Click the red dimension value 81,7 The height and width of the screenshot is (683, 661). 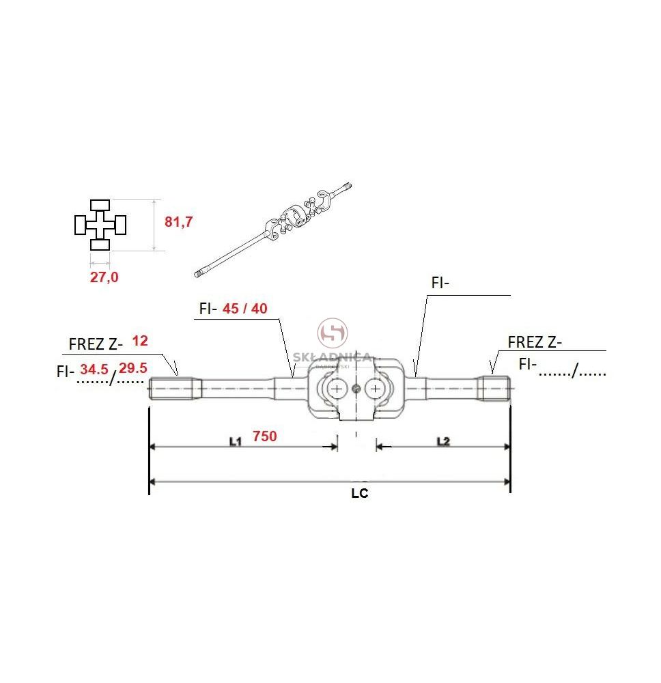tap(178, 222)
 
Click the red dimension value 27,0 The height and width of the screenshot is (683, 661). tap(104, 277)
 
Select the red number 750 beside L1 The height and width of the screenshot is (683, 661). tap(265, 436)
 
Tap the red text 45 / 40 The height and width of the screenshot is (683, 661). tap(244, 309)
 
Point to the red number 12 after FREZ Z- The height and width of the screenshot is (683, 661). tap(140, 341)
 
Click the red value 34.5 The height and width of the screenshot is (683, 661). tap(94, 370)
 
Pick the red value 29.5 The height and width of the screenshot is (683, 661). tap(132, 368)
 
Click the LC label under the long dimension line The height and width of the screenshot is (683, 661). tap(360, 494)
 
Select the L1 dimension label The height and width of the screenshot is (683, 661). tap(235, 442)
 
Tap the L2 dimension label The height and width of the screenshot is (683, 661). tap(443, 442)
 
